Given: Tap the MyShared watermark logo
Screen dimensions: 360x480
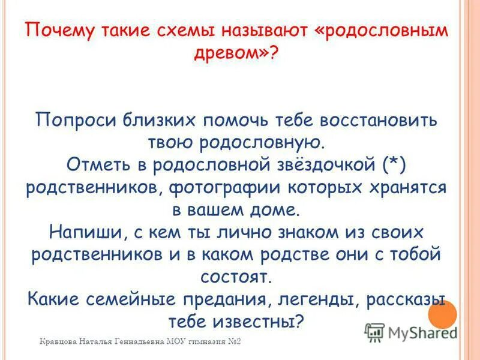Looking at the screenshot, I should point(411,332).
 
